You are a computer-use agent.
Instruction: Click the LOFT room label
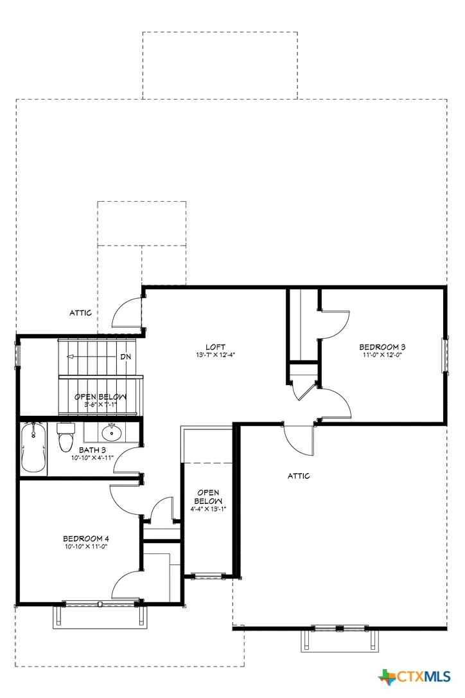pos(215,348)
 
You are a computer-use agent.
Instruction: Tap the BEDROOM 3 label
pos(382,348)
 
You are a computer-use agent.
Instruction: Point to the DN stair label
pos(125,357)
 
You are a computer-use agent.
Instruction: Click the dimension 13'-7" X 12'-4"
pos(215,355)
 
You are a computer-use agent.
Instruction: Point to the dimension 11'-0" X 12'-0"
pos(382,355)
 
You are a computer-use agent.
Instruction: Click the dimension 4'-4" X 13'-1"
pos(209,508)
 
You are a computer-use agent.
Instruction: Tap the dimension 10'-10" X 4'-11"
pos(92,458)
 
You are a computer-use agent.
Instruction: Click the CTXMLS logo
pos(419,677)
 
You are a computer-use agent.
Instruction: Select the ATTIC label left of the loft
pos(80,313)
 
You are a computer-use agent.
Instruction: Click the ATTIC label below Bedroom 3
pos(298,476)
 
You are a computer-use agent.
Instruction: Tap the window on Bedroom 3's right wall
pos(443,355)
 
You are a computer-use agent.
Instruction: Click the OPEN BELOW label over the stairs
pos(100,397)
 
